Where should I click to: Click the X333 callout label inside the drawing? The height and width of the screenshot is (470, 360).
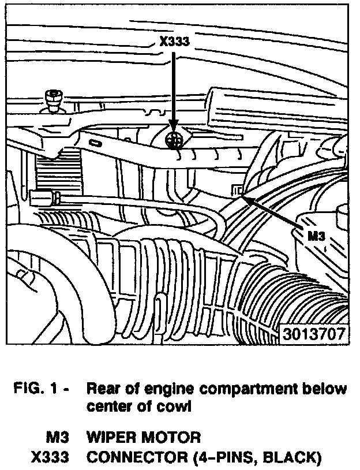[174, 40]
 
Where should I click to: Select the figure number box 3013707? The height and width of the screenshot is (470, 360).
[314, 334]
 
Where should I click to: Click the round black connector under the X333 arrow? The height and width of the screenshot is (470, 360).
[173, 140]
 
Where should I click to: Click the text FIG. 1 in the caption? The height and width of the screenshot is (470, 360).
[41, 389]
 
